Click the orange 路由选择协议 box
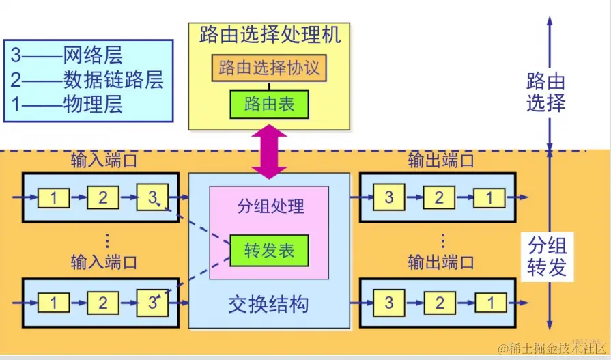[x=269, y=68]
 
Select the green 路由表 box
[x=269, y=105]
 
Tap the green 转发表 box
[x=269, y=251]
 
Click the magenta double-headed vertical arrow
[x=270, y=152]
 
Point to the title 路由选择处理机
[x=270, y=35]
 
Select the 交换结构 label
[x=268, y=304]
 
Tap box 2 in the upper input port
[x=103, y=198]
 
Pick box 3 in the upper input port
[x=152, y=198]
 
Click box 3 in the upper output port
[x=389, y=198]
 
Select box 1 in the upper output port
[x=489, y=198]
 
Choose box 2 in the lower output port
[x=440, y=303]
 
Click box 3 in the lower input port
[x=152, y=303]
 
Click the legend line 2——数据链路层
[x=87, y=80]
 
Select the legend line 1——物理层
[x=67, y=105]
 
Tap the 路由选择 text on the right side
[x=546, y=93]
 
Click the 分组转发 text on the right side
[x=547, y=255]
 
